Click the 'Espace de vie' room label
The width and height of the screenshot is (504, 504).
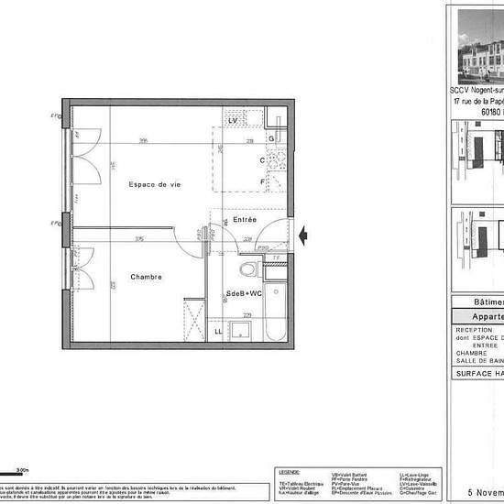click(154, 184)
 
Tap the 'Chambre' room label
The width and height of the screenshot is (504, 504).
click(146, 277)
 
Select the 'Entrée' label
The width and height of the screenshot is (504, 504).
click(245, 220)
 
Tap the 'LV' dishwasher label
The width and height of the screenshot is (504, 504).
click(234, 121)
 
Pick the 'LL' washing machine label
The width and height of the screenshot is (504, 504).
click(218, 331)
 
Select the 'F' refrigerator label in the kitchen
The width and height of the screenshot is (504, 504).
click(262, 181)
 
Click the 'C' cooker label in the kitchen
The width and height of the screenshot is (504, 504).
click(262, 160)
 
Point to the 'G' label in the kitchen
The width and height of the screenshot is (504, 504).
click(272, 138)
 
